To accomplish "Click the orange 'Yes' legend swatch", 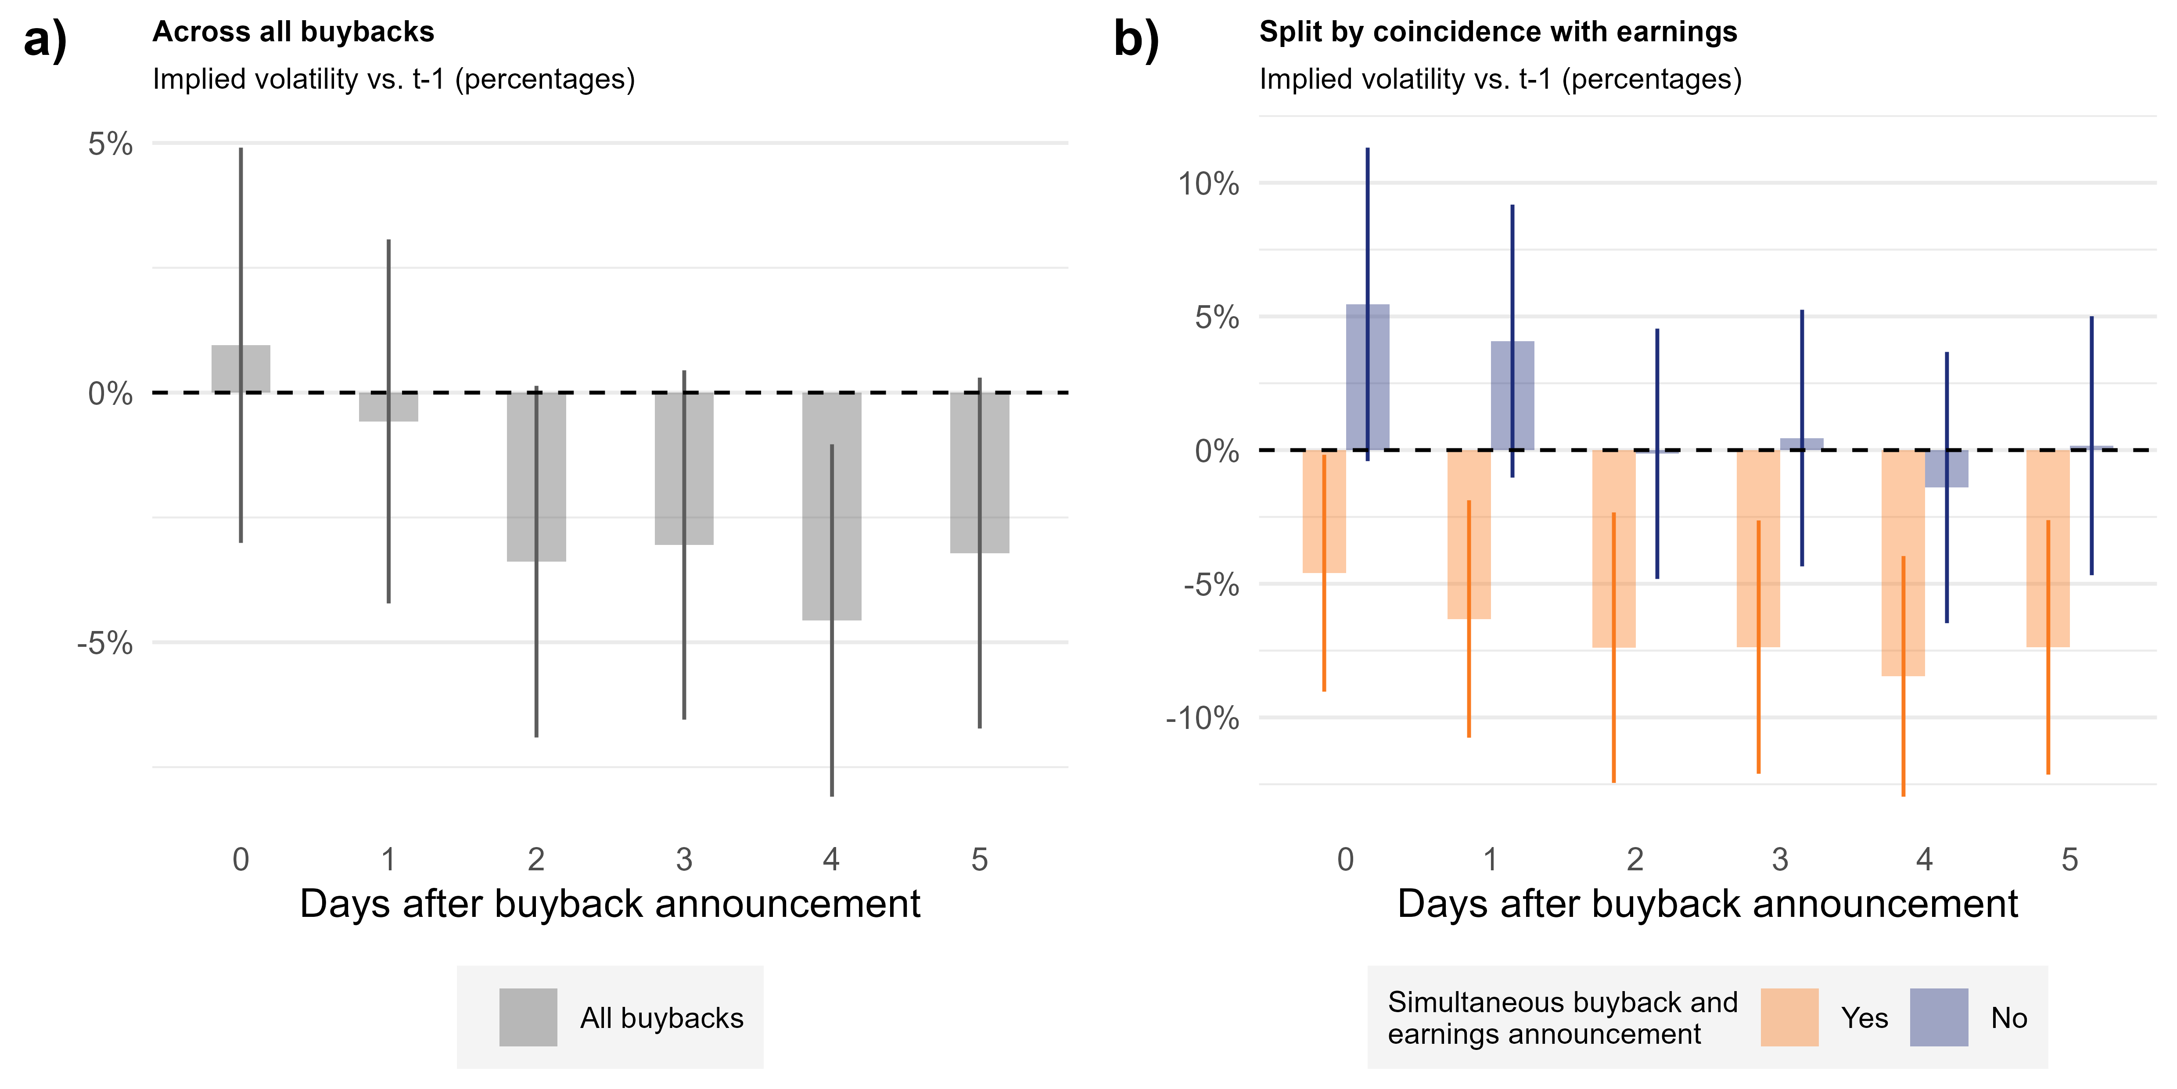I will point(1789,1017).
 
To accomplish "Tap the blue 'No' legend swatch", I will point(1939,1017).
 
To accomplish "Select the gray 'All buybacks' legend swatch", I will point(528,1017).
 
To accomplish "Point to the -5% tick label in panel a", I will point(106,643).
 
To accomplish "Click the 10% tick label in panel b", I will point(1208,184).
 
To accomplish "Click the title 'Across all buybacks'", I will point(293,32).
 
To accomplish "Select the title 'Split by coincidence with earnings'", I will point(1498,32).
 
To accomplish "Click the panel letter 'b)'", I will point(1137,39).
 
